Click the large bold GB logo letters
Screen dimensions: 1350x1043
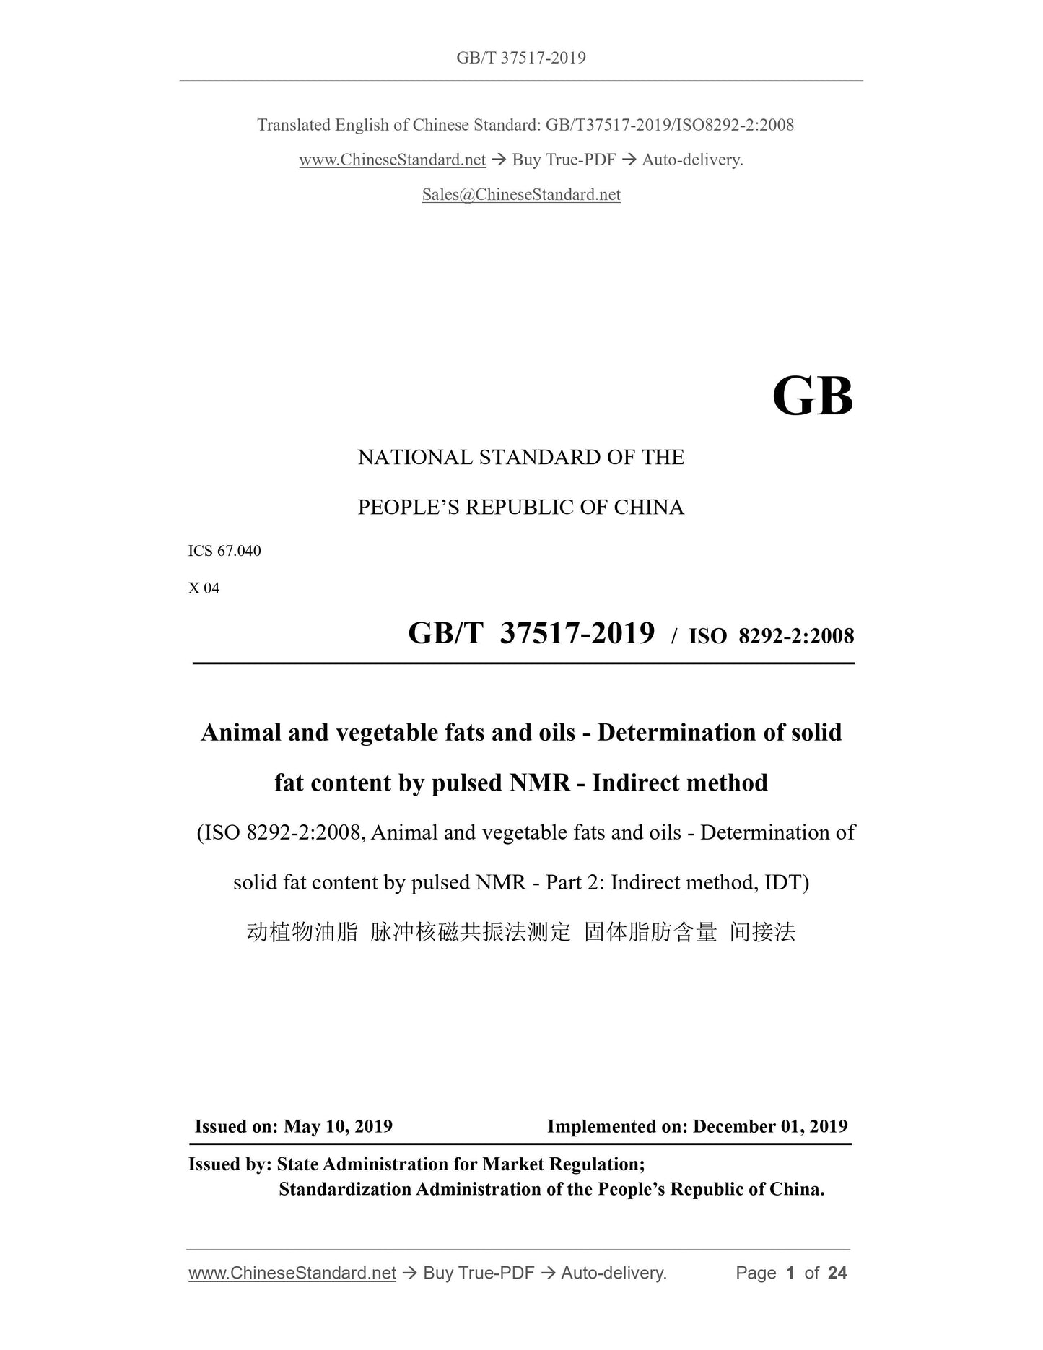pos(812,397)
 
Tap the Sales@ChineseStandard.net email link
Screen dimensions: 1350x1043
pos(521,194)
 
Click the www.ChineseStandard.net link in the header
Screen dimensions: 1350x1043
pos(392,160)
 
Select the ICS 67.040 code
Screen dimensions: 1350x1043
pos(224,551)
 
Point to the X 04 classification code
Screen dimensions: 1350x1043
pos(204,588)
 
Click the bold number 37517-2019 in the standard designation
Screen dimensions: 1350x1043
pos(577,633)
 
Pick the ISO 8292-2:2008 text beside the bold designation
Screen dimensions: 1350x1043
pos(771,635)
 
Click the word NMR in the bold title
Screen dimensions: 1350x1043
pos(540,783)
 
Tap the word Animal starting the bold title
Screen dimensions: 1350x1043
pos(241,732)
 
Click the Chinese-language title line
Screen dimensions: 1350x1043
pos(521,932)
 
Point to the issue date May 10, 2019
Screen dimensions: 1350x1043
pos(338,1126)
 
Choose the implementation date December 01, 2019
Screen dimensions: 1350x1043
pos(770,1126)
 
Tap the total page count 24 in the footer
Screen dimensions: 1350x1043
pos(837,1273)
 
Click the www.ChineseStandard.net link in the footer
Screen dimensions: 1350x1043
pos(292,1273)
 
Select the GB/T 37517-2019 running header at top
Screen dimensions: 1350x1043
pos(521,58)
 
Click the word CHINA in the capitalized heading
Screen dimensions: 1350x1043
pos(649,508)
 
